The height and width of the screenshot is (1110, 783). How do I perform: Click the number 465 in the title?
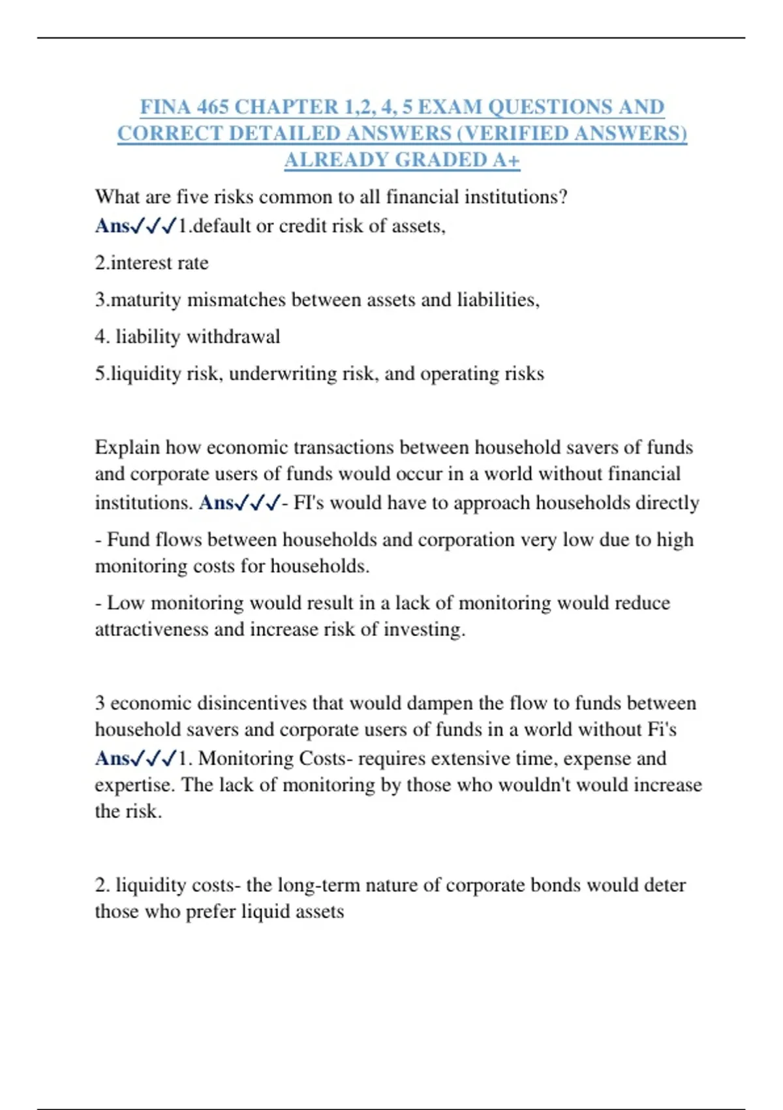[x=212, y=106]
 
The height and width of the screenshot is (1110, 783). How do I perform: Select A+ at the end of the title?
[x=506, y=160]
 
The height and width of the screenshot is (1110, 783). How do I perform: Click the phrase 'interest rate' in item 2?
[x=159, y=262]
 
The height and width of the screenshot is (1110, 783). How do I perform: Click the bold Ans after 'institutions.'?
[x=216, y=503]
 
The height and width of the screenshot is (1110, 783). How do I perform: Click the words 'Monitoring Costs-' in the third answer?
[x=275, y=759]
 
